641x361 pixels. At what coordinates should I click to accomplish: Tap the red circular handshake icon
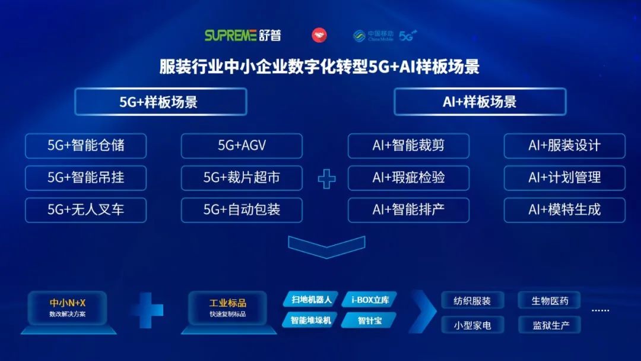[319, 35]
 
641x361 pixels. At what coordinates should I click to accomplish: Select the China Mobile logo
[373, 36]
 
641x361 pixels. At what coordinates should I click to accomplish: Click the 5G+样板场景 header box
[161, 102]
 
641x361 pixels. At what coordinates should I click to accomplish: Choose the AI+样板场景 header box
[480, 102]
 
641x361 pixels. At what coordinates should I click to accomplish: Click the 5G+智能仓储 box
[86, 146]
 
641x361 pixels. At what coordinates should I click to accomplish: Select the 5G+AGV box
[242, 146]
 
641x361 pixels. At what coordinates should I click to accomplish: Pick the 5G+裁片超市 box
[242, 178]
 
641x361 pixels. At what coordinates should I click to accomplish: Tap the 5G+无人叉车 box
[86, 210]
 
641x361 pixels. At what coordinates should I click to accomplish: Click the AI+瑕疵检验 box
[408, 178]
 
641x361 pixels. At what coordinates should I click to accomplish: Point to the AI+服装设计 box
[564, 146]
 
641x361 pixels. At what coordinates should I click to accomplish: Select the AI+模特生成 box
[564, 210]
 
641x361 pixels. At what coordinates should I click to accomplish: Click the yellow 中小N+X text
[68, 303]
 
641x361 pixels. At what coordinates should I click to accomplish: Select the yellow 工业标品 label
[228, 303]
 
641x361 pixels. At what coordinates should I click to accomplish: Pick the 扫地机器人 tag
[311, 300]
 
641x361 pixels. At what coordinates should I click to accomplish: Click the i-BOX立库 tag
[370, 300]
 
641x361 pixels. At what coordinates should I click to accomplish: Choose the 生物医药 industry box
[550, 301]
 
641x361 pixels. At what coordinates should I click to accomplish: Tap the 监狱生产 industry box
[550, 325]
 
